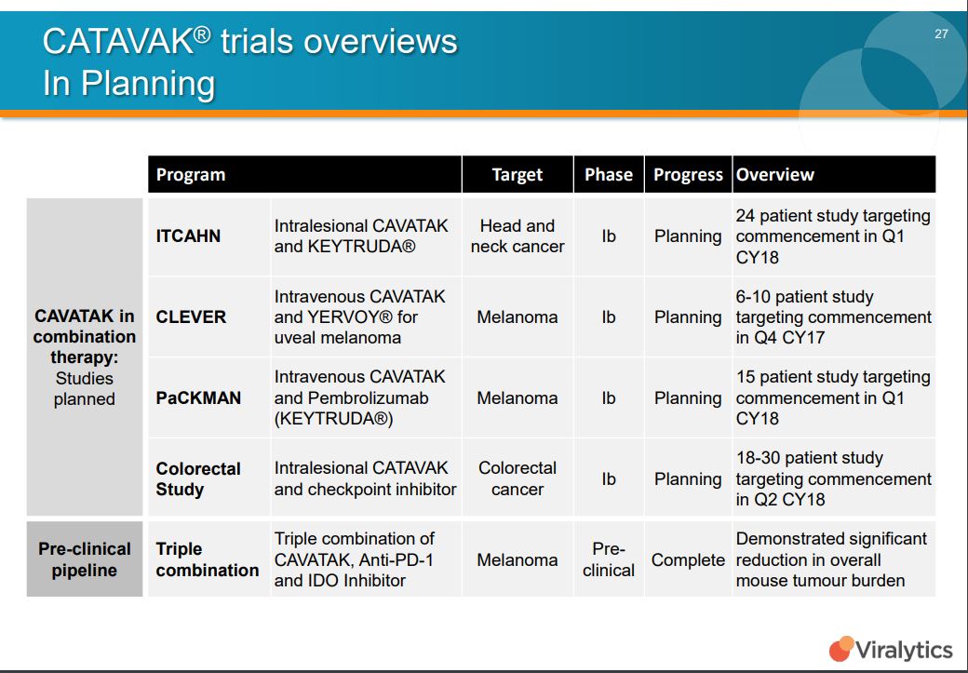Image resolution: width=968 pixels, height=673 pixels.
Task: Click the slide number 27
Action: pyautogui.click(x=941, y=34)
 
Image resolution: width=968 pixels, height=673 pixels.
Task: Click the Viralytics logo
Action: pyautogui.click(x=890, y=650)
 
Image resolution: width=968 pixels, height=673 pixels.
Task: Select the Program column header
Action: pyautogui.click(x=191, y=175)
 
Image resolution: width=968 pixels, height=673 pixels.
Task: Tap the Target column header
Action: pyautogui.click(x=518, y=175)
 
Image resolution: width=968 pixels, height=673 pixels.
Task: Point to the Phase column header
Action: pyautogui.click(x=609, y=175)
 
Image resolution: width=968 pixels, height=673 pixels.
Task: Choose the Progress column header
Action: pyautogui.click(x=688, y=175)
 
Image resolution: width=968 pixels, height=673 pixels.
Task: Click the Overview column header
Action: pyautogui.click(x=774, y=175)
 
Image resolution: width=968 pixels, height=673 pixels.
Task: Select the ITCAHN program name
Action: pyautogui.click(x=188, y=236)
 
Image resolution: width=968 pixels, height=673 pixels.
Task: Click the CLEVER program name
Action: pyautogui.click(x=191, y=316)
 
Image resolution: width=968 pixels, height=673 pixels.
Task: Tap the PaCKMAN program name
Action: pyautogui.click(x=198, y=397)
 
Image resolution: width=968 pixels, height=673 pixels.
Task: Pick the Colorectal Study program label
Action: pyautogui.click(x=198, y=478)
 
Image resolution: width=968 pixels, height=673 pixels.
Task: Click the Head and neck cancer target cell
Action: pyautogui.click(x=518, y=236)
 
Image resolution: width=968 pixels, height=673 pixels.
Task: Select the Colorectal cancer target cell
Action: pyautogui.click(x=518, y=478)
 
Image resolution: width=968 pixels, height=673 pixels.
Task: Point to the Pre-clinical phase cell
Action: pyautogui.click(x=609, y=559)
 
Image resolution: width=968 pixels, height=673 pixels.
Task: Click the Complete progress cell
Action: pyautogui.click(x=688, y=560)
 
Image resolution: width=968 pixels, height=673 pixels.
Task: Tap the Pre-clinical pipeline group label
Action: pyautogui.click(x=85, y=559)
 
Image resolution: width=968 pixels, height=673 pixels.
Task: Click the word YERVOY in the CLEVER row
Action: pyautogui.click(x=343, y=316)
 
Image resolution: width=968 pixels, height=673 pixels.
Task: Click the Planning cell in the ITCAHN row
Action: pyautogui.click(x=688, y=236)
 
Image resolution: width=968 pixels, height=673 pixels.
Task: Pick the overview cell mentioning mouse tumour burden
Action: pyautogui.click(x=831, y=559)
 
